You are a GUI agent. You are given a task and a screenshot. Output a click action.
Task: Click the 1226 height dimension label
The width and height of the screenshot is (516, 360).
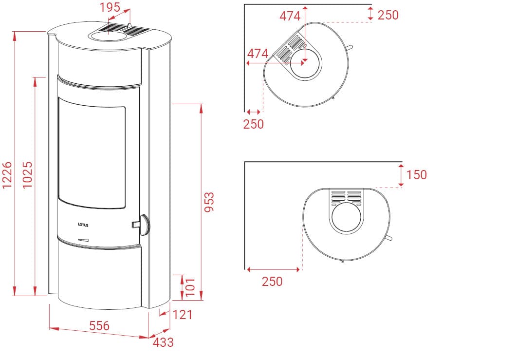coord(7,174)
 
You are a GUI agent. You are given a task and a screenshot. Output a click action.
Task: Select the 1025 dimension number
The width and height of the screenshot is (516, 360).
coord(28,174)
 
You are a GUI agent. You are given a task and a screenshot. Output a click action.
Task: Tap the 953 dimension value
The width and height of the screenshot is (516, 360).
coord(209,202)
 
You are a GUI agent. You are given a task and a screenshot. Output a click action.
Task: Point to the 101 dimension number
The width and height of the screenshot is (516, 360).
coord(190,287)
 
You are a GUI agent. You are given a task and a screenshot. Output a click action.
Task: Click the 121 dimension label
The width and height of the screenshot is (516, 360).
coord(183,315)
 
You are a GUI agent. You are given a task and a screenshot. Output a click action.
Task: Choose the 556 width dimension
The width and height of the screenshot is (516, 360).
coord(99,325)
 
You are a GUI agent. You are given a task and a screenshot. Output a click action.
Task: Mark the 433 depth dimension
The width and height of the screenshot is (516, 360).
coord(163,342)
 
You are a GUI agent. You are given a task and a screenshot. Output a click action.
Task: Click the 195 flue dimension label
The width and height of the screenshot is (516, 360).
coord(110,7)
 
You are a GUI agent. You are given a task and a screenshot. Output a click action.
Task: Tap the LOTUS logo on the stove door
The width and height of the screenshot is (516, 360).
coord(83,225)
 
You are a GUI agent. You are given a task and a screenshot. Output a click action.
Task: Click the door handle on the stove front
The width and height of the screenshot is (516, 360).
coord(142,225)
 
